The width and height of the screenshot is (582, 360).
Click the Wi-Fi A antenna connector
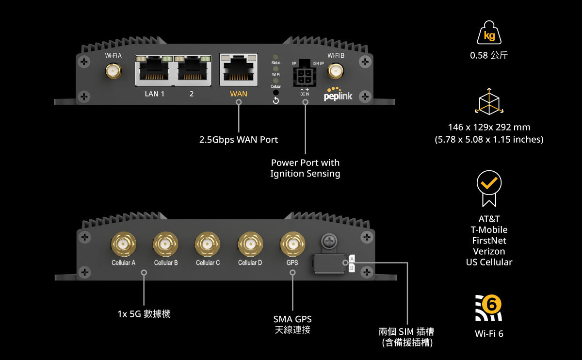[x=113, y=72]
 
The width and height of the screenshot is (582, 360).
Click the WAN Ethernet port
[x=238, y=68]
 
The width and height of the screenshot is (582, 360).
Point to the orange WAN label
[x=238, y=94]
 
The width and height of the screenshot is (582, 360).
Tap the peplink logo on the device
[x=338, y=95]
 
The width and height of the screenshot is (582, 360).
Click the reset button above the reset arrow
[x=276, y=92]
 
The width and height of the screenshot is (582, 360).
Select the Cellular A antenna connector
[x=123, y=244]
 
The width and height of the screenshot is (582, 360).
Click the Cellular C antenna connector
[x=208, y=244]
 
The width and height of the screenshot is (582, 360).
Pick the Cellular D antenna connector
[x=250, y=244]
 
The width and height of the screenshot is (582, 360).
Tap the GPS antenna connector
[x=292, y=244]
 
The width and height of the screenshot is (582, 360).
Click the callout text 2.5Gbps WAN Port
[x=239, y=140]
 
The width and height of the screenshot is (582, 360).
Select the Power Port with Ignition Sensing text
[x=305, y=168]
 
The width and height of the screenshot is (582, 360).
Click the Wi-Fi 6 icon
[x=488, y=308]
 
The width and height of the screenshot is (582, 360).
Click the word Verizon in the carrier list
[x=489, y=251]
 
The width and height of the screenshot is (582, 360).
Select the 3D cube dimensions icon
[x=489, y=102]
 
